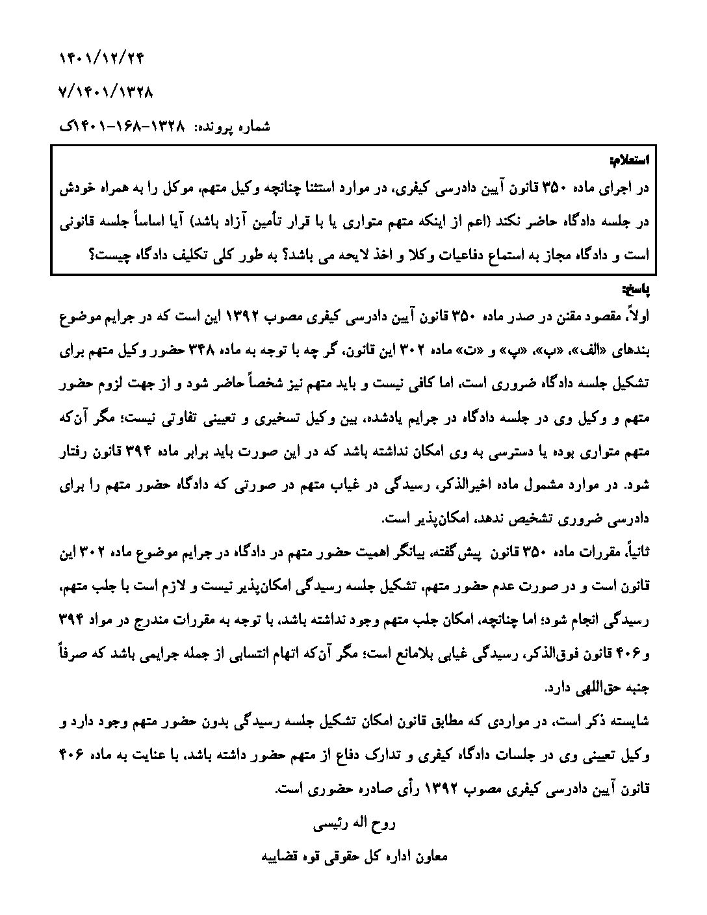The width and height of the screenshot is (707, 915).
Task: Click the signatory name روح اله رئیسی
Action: [354, 825]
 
